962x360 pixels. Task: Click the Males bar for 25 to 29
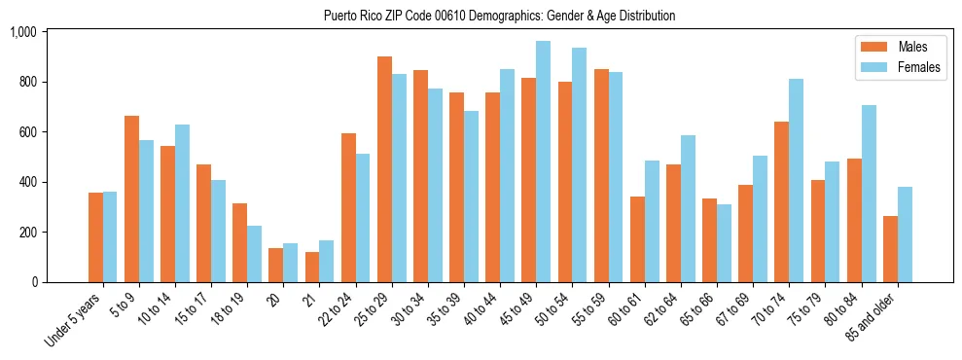coord(384,169)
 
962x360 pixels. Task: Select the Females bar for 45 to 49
coord(543,162)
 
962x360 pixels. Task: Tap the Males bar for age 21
coord(312,267)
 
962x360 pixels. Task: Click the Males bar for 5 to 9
coord(131,198)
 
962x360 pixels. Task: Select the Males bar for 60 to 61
coord(637,239)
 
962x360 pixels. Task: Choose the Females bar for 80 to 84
coord(869,194)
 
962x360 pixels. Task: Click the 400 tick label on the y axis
coord(26,182)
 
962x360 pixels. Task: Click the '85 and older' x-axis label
coord(872,313)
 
